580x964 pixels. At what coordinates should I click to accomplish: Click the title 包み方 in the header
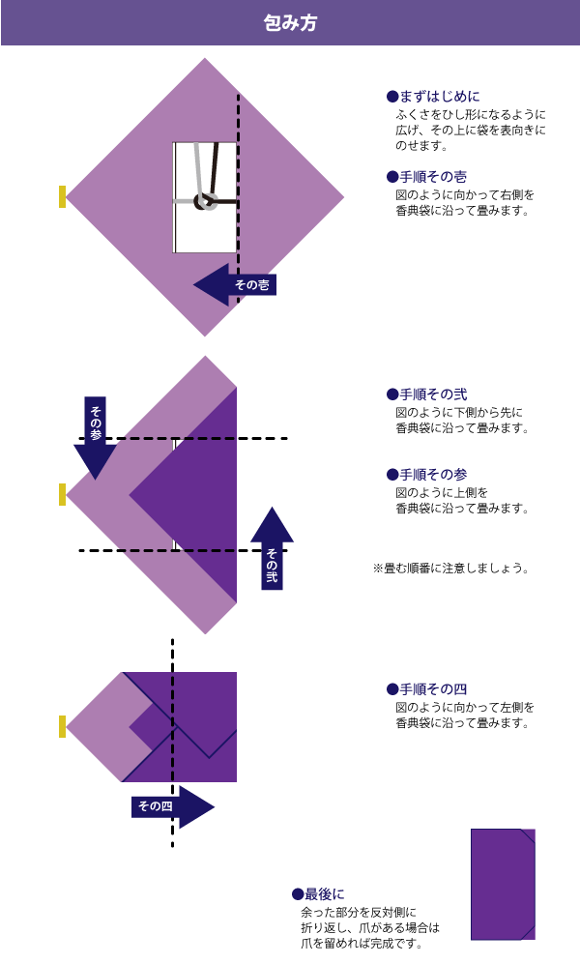pyautogui.click(x=290, y=22)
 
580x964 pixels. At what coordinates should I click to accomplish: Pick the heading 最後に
pyautogui.click(x=318, y=894)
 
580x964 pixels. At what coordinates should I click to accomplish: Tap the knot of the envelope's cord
pyautogui.click(x=205, y=201)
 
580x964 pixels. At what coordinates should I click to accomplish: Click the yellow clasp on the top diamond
pyautogui.click(x=63, y=196)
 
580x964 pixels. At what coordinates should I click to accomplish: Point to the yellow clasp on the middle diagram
pyautogui.click(x=63, y=494)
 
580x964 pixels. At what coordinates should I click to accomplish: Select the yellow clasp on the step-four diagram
pyautogui.click(x=63, y=726)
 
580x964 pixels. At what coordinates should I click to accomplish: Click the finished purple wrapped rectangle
pyautogui.click(x=503, y=884)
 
